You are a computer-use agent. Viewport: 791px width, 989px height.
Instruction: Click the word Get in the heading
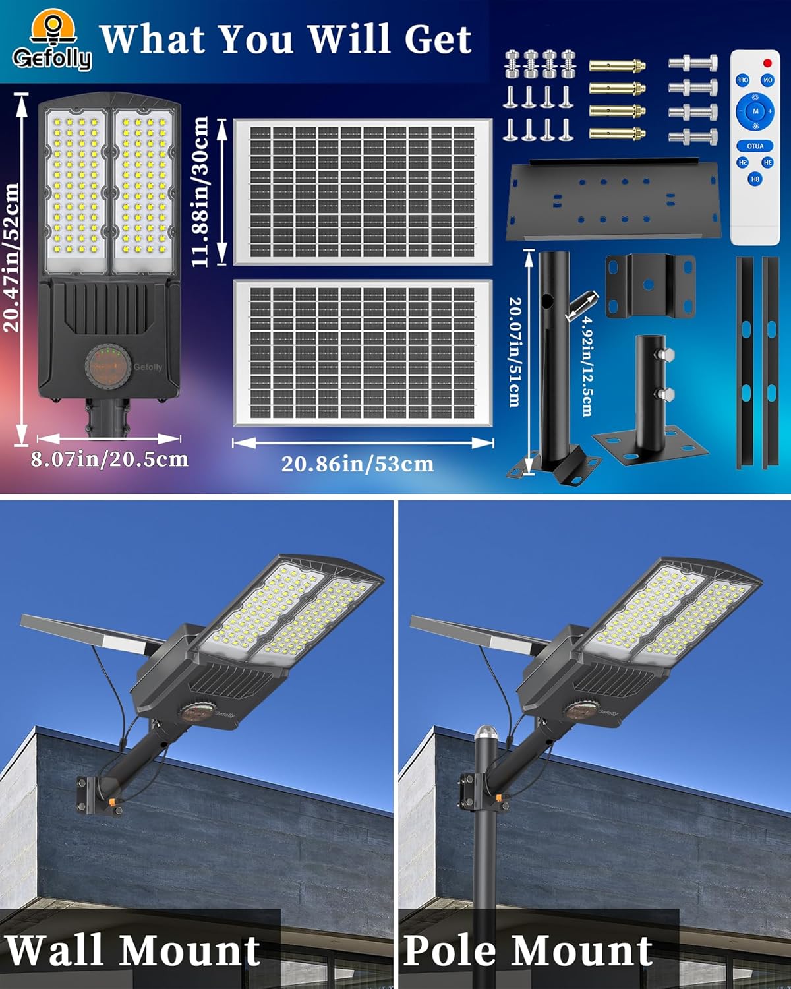click(437, 40)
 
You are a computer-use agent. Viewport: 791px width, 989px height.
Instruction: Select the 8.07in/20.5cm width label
click(109, 459)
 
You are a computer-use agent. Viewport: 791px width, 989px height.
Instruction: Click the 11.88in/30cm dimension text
click(200, 191)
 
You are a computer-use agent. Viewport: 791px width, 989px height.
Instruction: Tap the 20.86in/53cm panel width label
click(357, 464)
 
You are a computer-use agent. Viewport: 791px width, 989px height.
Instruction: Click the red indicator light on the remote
click(767, 63)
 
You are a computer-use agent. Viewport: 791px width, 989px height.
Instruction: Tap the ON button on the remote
click(768, 80)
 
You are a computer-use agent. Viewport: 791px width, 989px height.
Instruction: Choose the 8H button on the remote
click(755, 179)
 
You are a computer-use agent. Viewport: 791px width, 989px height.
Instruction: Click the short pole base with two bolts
click(650, 402)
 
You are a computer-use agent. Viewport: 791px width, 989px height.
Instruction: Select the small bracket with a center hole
click(649, 285)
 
